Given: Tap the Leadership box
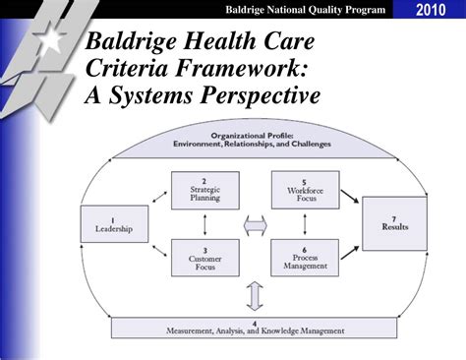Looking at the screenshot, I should point(107,225).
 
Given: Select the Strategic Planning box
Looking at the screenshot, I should point(204,190).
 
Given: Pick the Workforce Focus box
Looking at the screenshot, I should point(304,190).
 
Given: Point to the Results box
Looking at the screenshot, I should point(393,223).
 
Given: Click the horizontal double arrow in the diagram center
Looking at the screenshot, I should point(255,225).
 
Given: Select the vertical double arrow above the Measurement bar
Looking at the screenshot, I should point(255,295).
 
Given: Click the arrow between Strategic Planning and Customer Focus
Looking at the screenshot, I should point(204,224).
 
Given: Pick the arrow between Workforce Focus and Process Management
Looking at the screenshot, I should point(304,224).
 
